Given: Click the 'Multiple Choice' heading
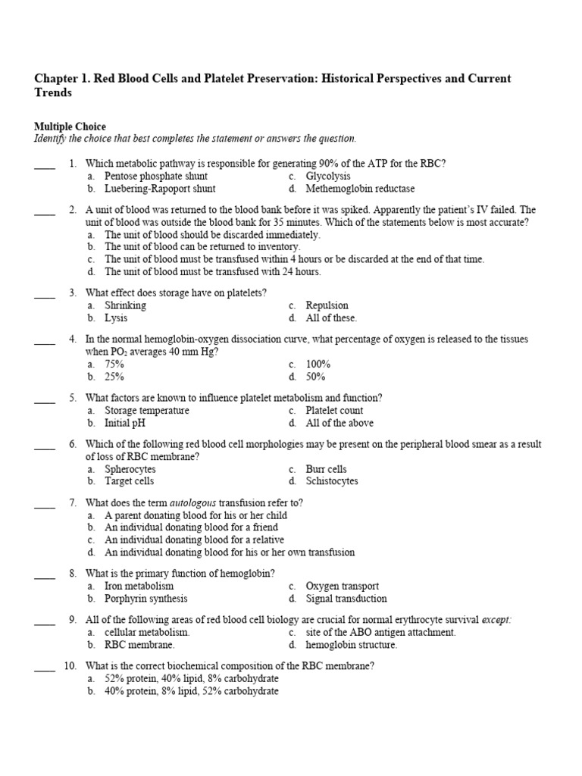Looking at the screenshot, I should (70, 127).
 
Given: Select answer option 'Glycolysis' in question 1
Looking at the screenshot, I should (328, 176).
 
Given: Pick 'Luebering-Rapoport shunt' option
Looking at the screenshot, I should (160, 189).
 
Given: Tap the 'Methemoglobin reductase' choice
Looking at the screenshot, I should (360, 189).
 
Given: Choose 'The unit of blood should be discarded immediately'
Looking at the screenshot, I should (212, 235).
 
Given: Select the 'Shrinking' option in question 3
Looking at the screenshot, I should (125, 305).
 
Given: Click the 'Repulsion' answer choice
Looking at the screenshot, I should (327, 305).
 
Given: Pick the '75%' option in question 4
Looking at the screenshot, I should (114, 364).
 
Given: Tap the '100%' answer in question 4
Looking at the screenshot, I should (318, 364).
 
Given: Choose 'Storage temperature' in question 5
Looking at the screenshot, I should (147, 410).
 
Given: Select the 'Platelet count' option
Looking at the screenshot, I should (335, 410).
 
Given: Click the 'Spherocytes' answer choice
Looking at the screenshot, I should (130, 469).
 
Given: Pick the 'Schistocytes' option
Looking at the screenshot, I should (332, 481).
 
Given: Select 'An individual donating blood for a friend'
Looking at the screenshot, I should (191, 527).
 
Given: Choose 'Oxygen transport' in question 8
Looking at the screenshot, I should (343, 586).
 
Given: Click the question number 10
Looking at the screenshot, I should (70, 666).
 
